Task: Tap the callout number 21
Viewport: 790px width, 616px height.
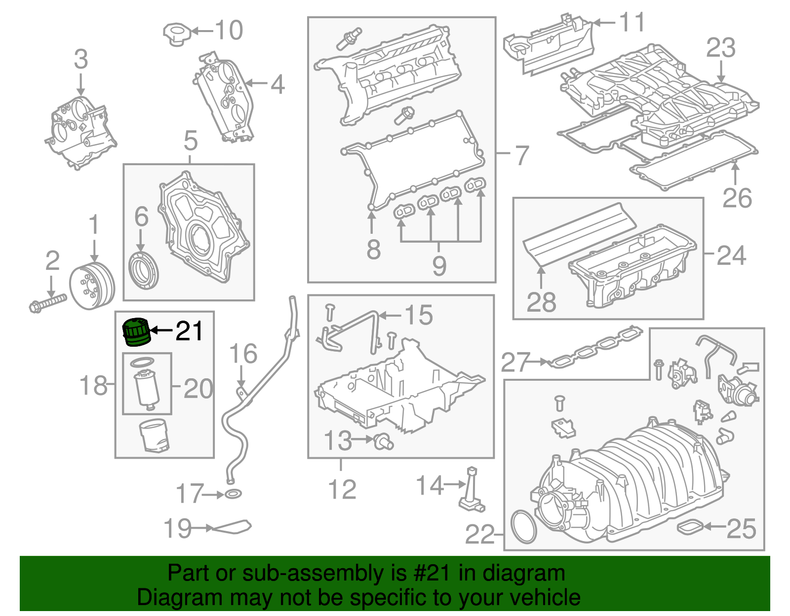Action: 190,331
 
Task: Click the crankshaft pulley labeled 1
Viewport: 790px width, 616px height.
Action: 92,287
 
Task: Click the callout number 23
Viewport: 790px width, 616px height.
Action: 720,48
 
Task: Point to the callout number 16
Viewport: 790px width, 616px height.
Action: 243,354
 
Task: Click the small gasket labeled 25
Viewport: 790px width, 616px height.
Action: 690,527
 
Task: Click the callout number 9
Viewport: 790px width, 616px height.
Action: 439,265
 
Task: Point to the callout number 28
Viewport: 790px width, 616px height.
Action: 541,302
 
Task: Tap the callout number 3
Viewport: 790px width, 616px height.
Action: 81,59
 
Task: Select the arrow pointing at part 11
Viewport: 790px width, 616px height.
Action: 604,22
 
